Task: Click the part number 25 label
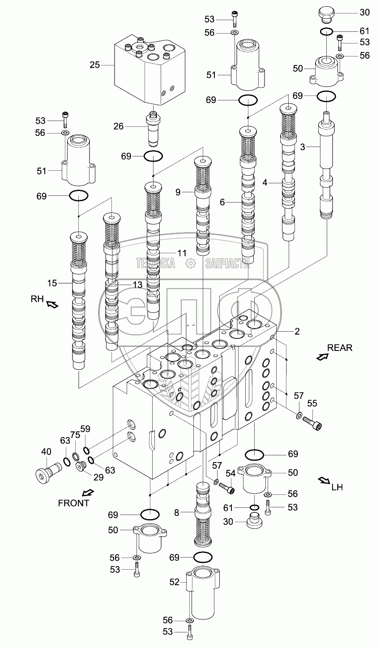coord(94,65)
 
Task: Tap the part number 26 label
coord(118,126)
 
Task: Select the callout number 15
coord(52,283)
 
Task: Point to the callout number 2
coord(297,332)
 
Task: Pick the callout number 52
coord(174,582)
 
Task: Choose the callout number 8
coord(177,512)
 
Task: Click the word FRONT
coord(73,503)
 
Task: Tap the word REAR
coord(340,347)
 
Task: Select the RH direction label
coord(37,299)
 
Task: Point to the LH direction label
coord(337,487)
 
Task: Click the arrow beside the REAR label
coord(322,357)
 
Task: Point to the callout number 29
coord(98,477)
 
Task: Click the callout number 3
coord(303,147)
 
